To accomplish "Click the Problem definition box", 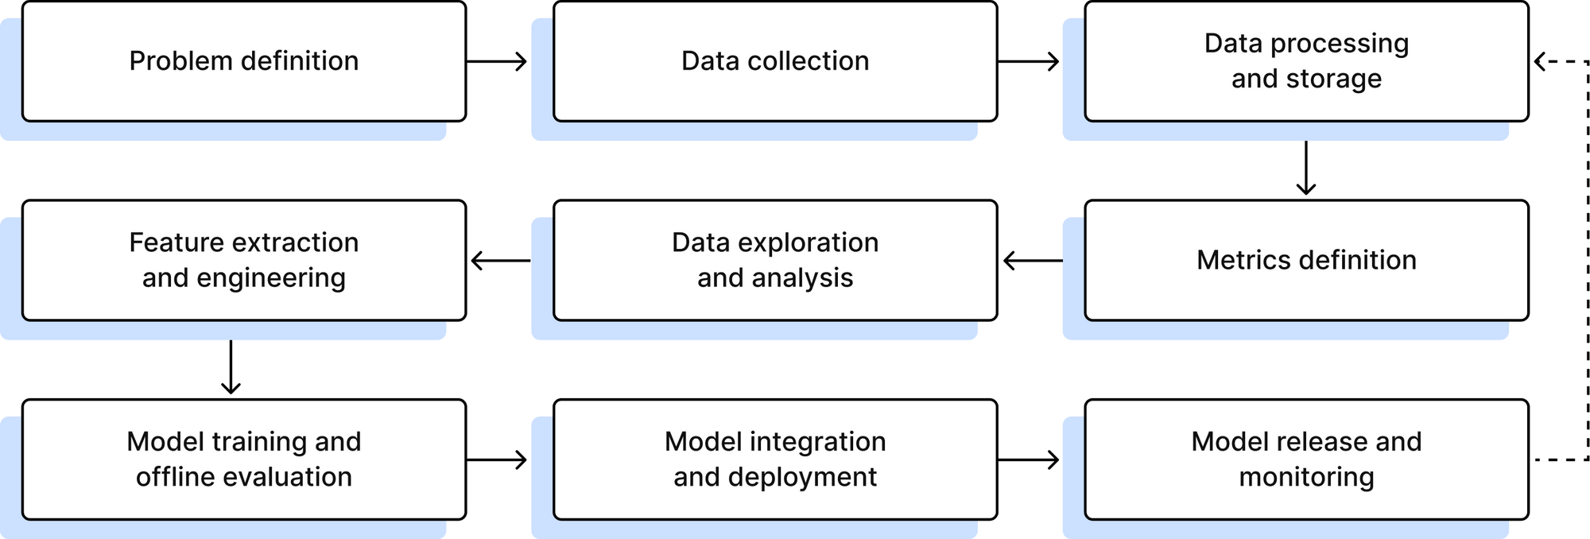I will (243, 61).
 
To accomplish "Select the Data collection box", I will (775, 61).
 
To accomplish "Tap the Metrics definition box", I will (1306, 261).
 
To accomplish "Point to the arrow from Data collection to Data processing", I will (1030, 61).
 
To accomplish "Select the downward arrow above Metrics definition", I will (1305, 169).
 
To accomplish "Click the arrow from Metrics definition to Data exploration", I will (1031, 261).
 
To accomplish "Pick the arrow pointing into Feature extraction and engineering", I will (499, 261).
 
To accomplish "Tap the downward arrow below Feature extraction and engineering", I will (231, 368).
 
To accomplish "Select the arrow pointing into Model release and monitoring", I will (1030, 460).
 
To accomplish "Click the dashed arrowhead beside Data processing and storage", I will (1541, 61).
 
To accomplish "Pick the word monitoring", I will (1306, 477).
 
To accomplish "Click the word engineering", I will (271, 278).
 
